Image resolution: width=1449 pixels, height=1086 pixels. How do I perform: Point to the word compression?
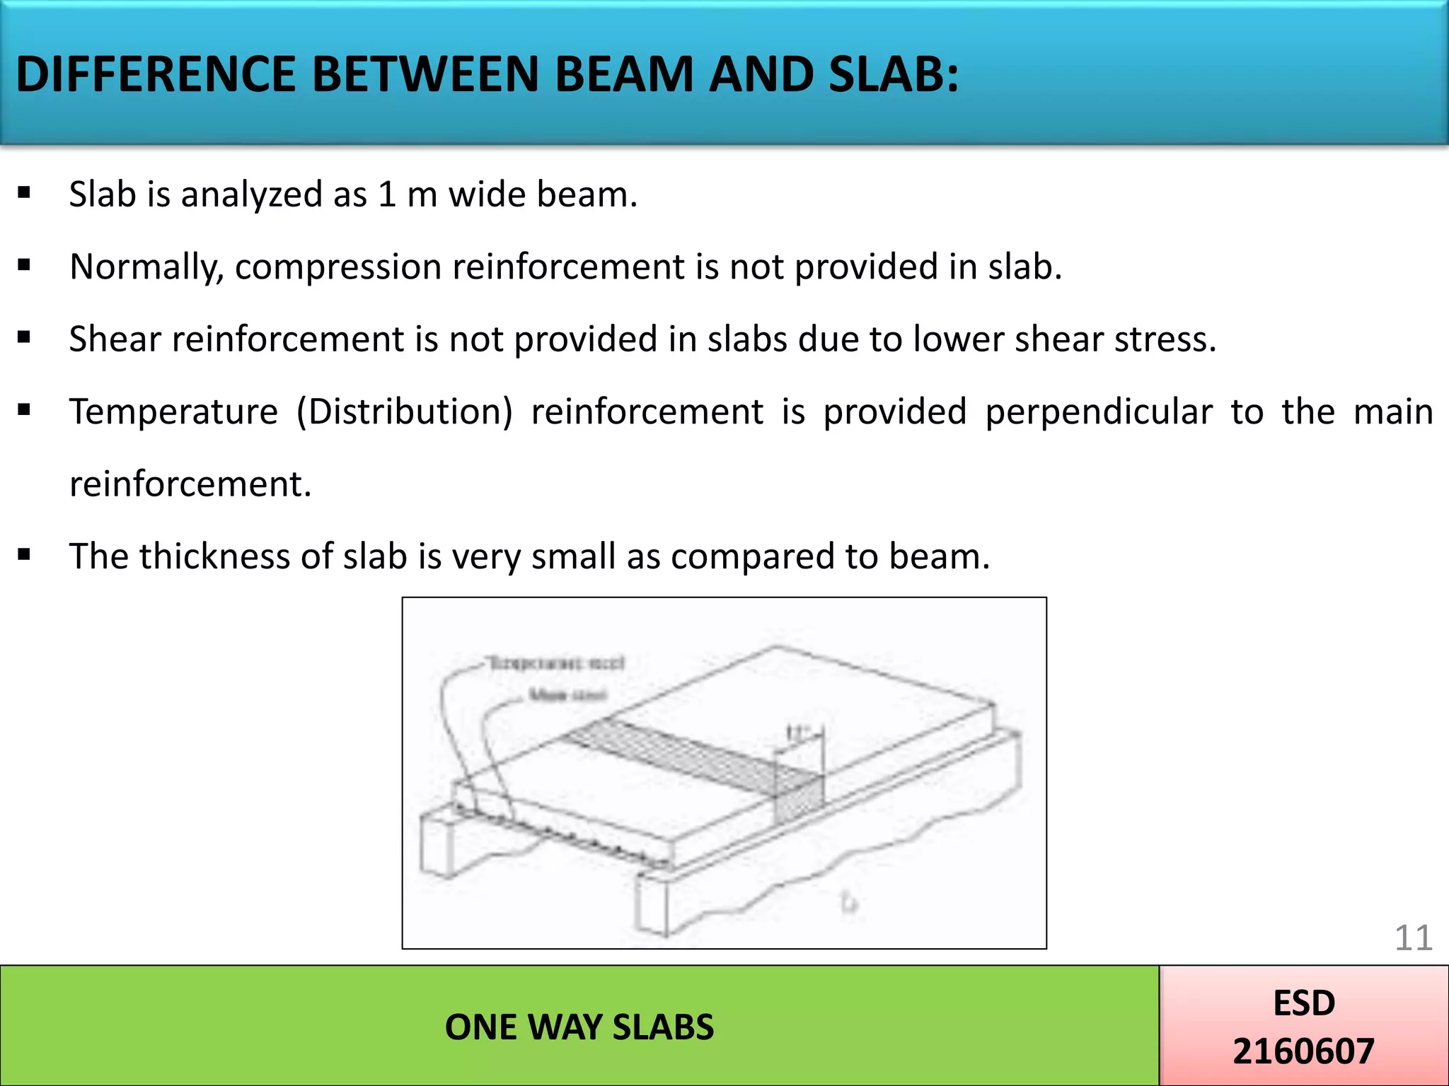[x=340, y=267]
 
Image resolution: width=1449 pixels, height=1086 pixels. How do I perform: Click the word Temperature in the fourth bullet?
[x=173, y=411]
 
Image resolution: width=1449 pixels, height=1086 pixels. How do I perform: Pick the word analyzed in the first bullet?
[x=252, y=194]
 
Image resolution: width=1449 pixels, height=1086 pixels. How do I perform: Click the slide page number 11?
[x=1413, y=938]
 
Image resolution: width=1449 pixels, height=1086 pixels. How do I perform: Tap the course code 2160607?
[x=1303, y=1051]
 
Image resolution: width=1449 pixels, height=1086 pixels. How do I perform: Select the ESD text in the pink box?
[x=1304, y=1003]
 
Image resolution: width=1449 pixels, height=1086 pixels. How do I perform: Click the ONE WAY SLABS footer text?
[x=579, y=1027]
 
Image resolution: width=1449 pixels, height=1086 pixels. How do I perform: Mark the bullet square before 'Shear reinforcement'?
[x=25, y=338]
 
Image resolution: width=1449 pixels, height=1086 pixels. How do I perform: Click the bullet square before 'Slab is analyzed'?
[x=25, y=193]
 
